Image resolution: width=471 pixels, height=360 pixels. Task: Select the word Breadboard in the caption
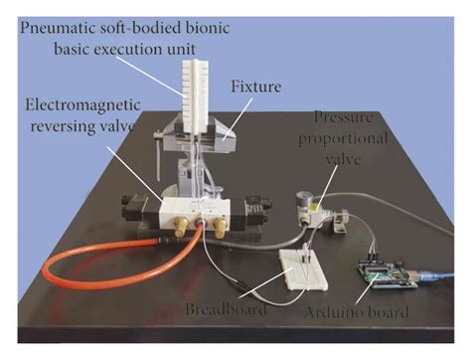[227, 310]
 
